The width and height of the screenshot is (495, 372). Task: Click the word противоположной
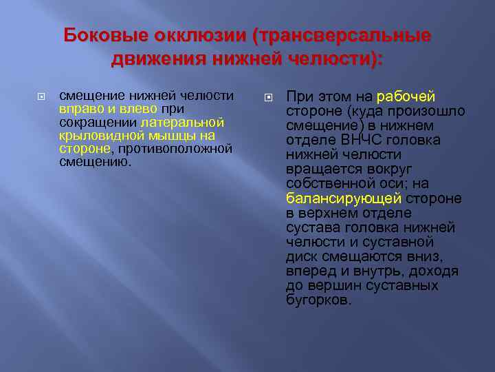[x=175, y=149]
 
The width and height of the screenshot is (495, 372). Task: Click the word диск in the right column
[x=300, y=257]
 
